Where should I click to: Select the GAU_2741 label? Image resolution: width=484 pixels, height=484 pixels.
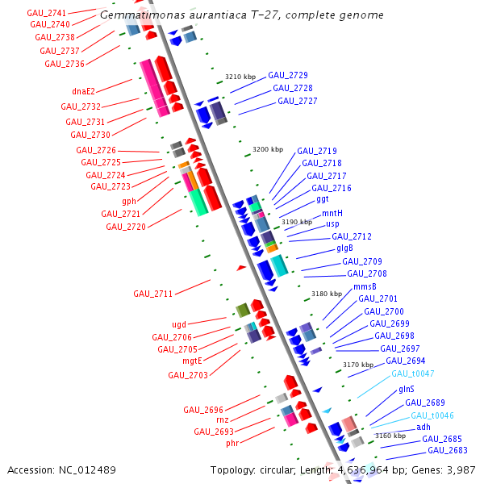(x=46, y=14)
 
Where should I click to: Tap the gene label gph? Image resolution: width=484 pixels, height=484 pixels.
(x=129, y=201)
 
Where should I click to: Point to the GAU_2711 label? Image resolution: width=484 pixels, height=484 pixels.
(x=153, y=294)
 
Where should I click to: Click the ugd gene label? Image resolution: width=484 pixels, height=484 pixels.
(x=179, y=324)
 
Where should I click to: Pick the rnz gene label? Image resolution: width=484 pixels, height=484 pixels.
(x=222, y=419)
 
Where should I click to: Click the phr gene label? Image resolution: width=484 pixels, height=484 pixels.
(x=232, y=443)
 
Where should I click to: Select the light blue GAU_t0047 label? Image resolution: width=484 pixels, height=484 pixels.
(x=412, y=373)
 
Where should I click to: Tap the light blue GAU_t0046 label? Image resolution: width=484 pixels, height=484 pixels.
(x=432, y=415)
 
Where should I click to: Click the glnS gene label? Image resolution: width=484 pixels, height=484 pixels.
(x=407, y=390)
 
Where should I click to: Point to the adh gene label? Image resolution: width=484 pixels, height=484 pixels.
(x=423, y=427)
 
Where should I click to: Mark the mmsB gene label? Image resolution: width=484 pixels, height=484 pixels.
(x=365, y=286)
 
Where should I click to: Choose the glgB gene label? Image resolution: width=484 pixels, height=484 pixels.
(x=344, y=248)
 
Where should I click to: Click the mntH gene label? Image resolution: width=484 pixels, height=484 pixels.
(x=332, y=213)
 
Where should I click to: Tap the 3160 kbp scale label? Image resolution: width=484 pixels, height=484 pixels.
(x=390, y=436)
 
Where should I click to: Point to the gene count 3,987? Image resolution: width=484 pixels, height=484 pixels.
(x=460, y=469)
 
